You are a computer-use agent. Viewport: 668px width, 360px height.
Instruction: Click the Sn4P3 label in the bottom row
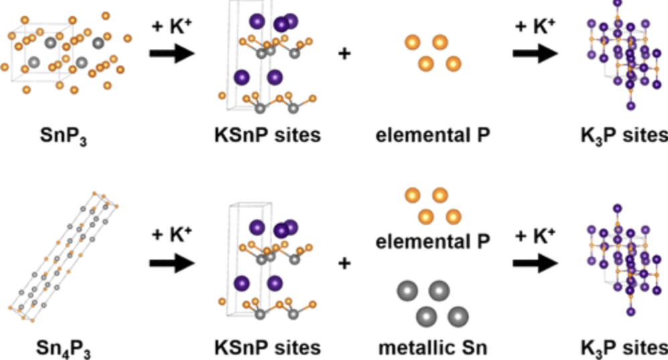[x=65, y=348]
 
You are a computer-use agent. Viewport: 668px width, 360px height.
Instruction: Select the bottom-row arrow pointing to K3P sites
[x=535, y=264]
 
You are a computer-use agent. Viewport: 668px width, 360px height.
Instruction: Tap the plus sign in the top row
[x=345, y=54]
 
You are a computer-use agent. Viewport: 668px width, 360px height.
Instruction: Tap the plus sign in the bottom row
[x=345, y=264]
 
